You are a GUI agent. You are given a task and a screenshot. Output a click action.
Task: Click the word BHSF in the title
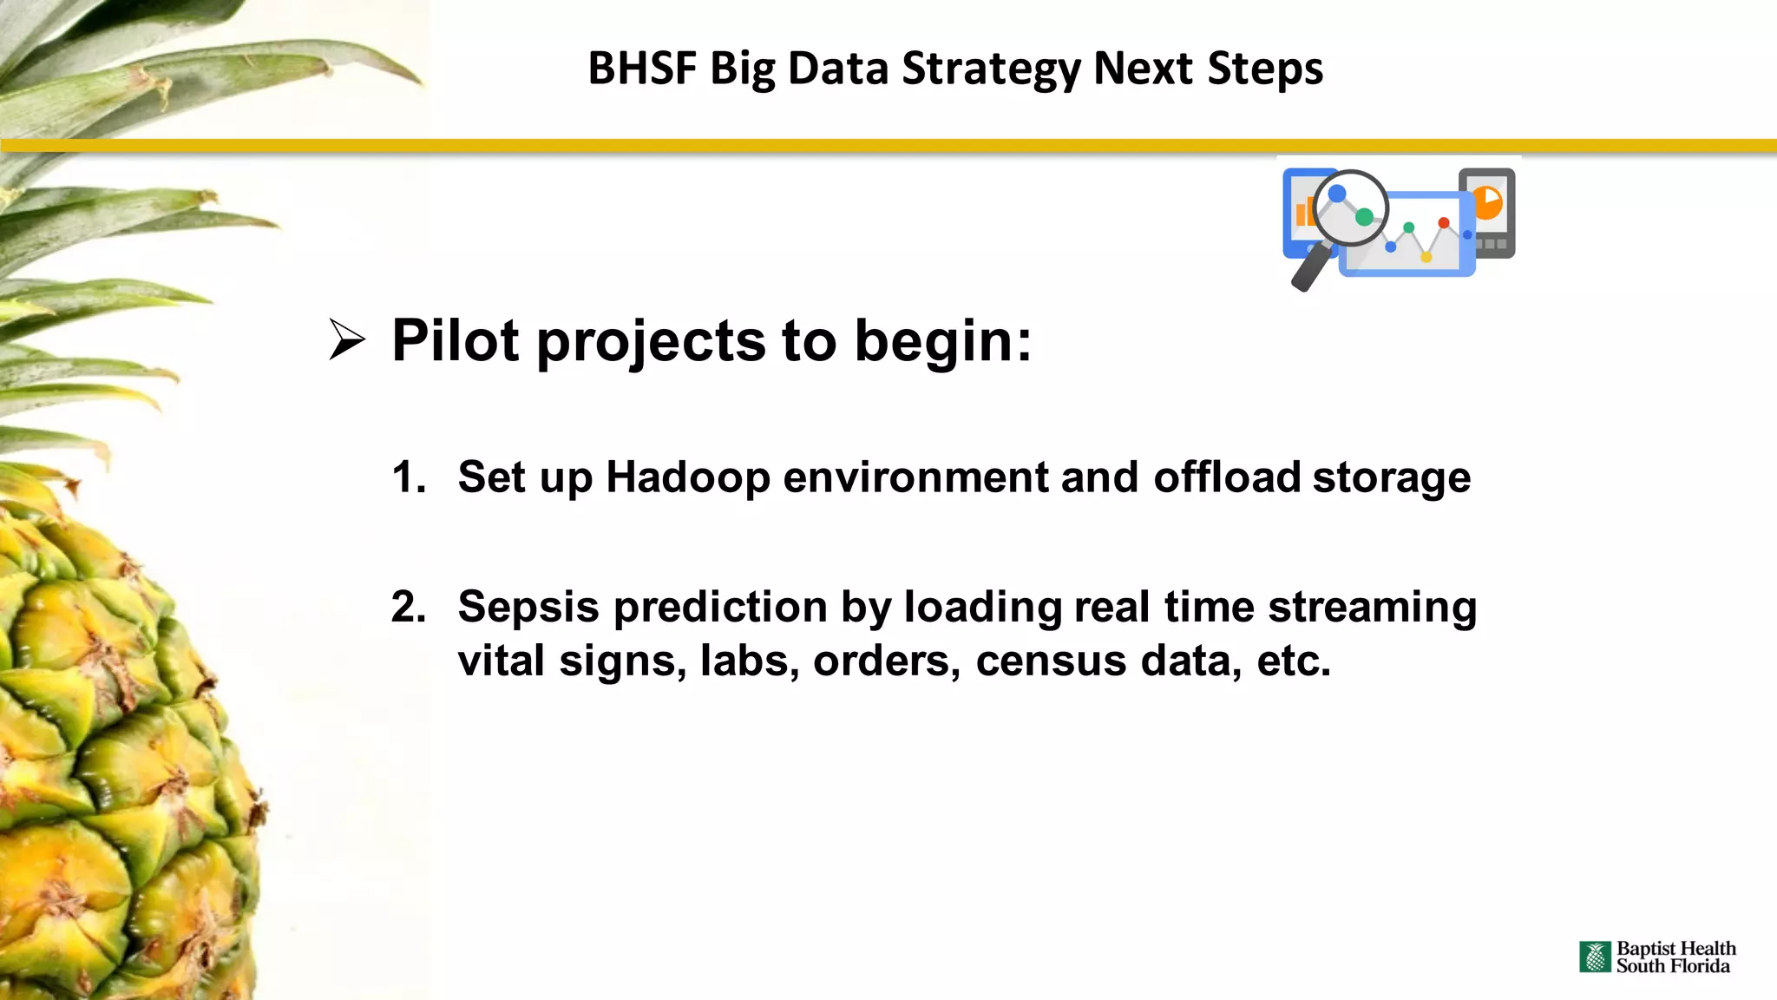(642, 69)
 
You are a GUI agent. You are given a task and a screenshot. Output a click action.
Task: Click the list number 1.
(408, 477)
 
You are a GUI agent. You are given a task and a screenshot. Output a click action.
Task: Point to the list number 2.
(408, 606)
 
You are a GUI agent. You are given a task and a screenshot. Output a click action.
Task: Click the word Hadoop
(687, 477)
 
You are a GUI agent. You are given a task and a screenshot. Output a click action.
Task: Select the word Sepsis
(528, 606)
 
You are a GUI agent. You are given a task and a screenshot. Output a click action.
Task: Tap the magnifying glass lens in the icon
(1350, 208)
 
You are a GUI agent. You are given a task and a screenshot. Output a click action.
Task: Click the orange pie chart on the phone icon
(1487, 202)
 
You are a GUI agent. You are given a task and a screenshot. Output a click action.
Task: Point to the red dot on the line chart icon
(1444, 223)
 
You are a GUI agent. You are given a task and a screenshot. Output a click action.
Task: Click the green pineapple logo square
(1595, 957)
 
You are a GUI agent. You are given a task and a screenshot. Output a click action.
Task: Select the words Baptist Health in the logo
(1675, 949)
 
